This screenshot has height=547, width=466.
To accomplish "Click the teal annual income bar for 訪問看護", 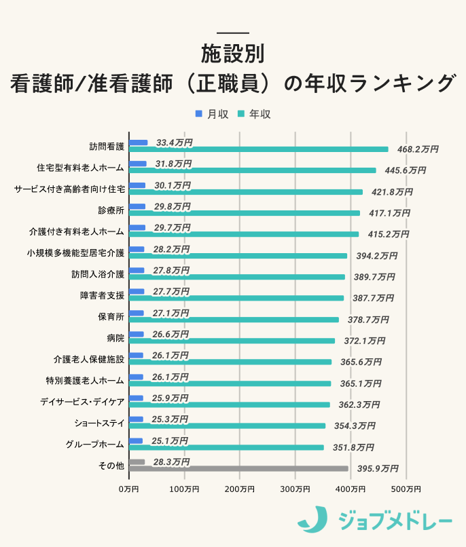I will tap(258, 149).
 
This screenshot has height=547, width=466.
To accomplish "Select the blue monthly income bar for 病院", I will tap(136, 334).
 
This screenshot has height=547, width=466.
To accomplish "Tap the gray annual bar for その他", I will tap(238, 468).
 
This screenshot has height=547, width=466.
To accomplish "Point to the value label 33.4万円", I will tap(174, 143).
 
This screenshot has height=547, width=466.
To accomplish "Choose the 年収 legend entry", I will tap(253, 114).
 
